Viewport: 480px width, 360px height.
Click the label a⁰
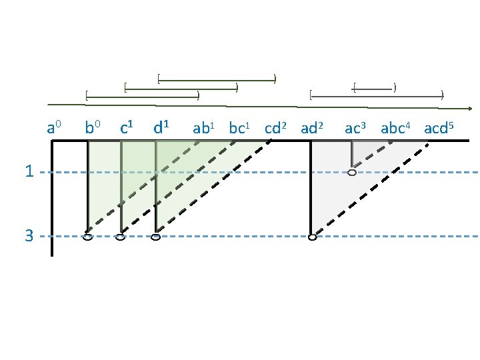pyautogui.click(x=55, y=127)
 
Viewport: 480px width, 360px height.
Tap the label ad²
pyautogui.click(x=312, y=128)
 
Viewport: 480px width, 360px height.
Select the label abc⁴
pyautogui.click(x=397, y=128)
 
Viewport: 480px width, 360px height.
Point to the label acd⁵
pyautogui.click(x=439, y=128)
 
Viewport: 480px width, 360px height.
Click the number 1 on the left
pyautogui.click(x=29, y=172)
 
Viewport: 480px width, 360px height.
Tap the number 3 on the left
pyautogui.click(x=29, y=236)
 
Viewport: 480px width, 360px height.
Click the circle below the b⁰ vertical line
pyautogui.click(x=87, y=237)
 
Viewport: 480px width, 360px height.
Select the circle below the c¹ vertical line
pyautogui.click(x=121, y=237)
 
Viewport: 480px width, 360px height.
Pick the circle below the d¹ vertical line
pyautogui.click(x=155, y=237)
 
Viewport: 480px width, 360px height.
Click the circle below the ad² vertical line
pyautogui.click(x=312, y=237)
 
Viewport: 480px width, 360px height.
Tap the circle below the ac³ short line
pyautogui.click(x=352, y=173)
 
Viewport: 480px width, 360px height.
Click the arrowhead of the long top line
pyautogui.click(x=470, y=108)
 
